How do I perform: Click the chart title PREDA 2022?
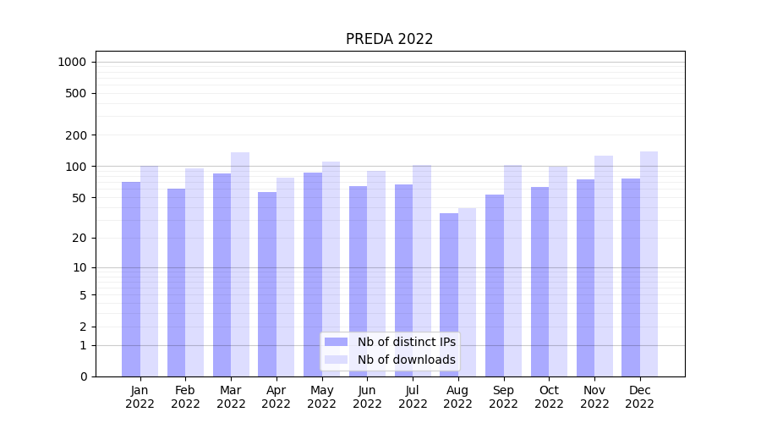coord(389,39)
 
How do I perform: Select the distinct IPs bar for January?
coord(131,279)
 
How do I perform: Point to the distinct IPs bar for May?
coord(313,274)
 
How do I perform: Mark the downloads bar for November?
coord(604,266)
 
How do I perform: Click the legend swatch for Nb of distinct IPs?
coord(337,342)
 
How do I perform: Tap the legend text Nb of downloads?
coord(406,360)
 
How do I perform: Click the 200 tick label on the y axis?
coord(76,135)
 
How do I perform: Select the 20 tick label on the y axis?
coord(79,238)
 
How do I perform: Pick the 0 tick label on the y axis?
coord(83,376)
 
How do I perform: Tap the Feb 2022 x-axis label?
coord(185,397)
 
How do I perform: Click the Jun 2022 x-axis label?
coord(367,397)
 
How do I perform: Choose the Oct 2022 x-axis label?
coord(549,397)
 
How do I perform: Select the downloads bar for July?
coord(422,271)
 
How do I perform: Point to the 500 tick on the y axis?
coord(76,93)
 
